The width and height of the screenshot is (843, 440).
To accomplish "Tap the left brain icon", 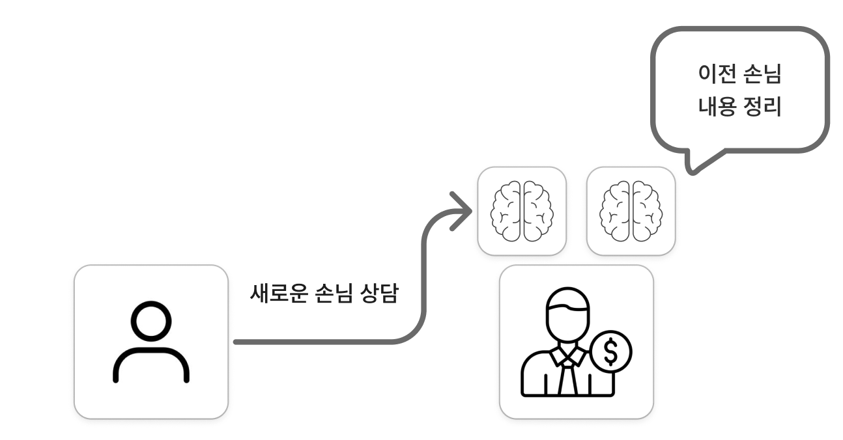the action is click(x=522, y=211).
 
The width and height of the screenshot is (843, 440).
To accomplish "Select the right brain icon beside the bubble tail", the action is click(x=631, y=211).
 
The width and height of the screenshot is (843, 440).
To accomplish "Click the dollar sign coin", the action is click(x=611, y=352).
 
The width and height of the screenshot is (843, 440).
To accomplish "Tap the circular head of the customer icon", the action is click(x=151, y=321).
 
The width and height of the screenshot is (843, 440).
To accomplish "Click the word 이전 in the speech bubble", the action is click(x=717, y=74).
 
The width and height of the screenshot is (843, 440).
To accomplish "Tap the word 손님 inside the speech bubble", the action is click(x=763, y=74).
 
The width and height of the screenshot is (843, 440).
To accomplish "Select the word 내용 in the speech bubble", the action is click(x=717, y=107).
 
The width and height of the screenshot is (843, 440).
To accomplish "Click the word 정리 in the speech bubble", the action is click(x=763, y=107).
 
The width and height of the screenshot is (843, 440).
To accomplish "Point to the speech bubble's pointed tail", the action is click(x=693, y=171).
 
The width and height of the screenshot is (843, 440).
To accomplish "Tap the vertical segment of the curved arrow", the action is click(x=423, y=279).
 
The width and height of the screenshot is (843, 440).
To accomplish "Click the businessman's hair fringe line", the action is click(x=567, y=308).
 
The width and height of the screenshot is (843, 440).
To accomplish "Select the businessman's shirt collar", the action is click(x=568, y=355).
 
